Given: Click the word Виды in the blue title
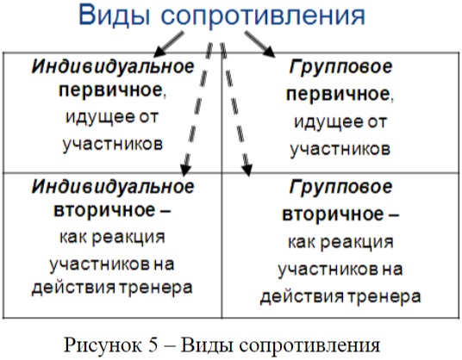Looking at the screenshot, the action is [115, 16].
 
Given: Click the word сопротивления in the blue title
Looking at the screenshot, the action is [264, 16].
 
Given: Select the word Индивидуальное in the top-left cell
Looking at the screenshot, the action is [113, 67].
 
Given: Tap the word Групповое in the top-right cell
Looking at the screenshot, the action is [341, 67].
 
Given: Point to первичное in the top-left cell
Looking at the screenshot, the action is [110, 90].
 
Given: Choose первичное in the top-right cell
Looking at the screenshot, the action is [338, 94].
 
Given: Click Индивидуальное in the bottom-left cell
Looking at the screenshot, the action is [113, 187].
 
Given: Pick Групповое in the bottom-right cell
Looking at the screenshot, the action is [341, 187].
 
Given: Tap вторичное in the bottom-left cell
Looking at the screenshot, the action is [104, 210].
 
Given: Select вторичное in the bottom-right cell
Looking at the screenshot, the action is [334, 214].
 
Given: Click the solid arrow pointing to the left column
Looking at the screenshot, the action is [169, 44].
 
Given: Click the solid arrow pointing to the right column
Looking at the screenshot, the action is [260, 44].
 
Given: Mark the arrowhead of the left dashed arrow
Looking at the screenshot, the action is [185, 171].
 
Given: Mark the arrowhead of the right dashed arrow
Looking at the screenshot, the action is [247, 171].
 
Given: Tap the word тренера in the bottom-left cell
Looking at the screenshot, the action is [155, 288].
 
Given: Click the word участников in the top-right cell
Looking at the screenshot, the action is [340, 149].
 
